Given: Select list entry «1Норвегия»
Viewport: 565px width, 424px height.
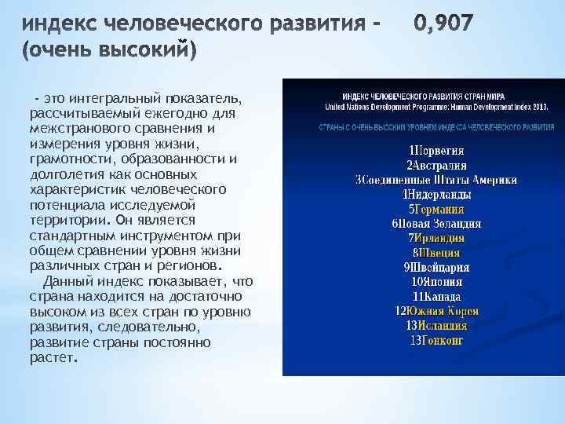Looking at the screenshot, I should click(436, 150).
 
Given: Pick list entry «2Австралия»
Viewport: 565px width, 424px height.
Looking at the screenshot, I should click(436, 165).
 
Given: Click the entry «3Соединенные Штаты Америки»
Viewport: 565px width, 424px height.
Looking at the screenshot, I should click(436, 180).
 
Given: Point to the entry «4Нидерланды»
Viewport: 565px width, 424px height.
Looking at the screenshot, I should click(436, 195).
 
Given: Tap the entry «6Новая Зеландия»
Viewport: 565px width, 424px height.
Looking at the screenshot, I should click(436, 224).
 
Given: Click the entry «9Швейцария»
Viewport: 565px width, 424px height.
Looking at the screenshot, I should click(436, 267).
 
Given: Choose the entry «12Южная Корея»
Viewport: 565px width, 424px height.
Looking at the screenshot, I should click(436, 311).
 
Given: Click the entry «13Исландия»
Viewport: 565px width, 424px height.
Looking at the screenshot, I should click(436, 325).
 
